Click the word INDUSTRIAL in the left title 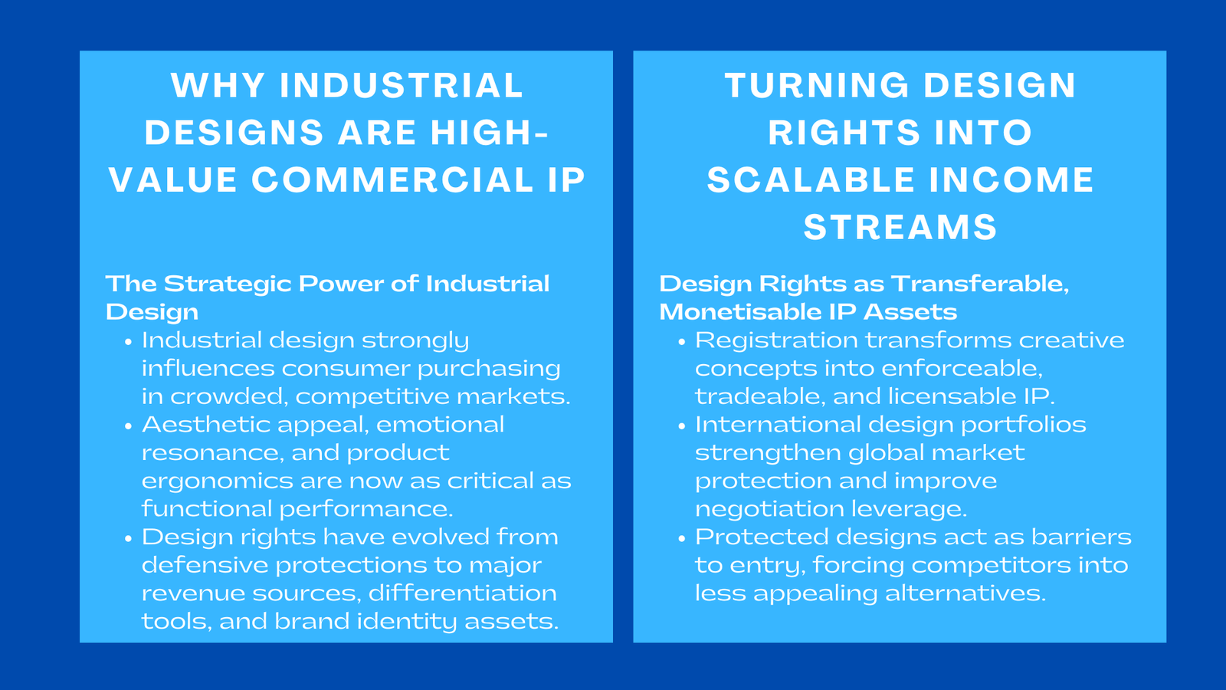click(401, 85)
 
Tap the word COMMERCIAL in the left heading click(392, 180)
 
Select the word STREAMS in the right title click(900, 228)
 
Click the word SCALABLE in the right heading click(811, 180)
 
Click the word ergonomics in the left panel click(216, 482)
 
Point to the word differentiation click(462, 593)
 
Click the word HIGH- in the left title click(489, 133)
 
